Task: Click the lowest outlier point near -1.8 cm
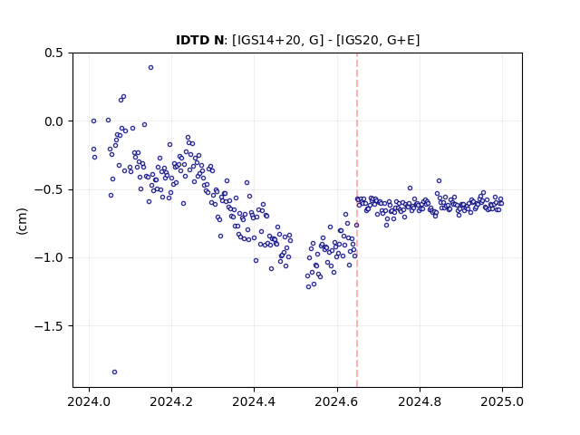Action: (x=115, y=372)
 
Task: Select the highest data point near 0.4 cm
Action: (x=151, y=68)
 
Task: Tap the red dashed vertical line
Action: (x=357, y=220)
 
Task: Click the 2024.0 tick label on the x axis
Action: (x=89, y=401)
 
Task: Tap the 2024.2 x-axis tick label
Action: (x=171, y=401)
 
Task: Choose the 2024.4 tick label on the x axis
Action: (x=254, y=401)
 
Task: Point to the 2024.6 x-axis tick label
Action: (x=337, y=401)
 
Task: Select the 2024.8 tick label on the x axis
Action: (x=420, y=401)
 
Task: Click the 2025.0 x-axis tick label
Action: (x=502, y=401)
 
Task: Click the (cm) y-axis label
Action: (x=22, y=221)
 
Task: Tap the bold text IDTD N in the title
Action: (x=199, y=40)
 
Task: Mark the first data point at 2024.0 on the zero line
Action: (x=94, y=121)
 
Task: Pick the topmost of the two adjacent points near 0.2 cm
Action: (x=124, y=97)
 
